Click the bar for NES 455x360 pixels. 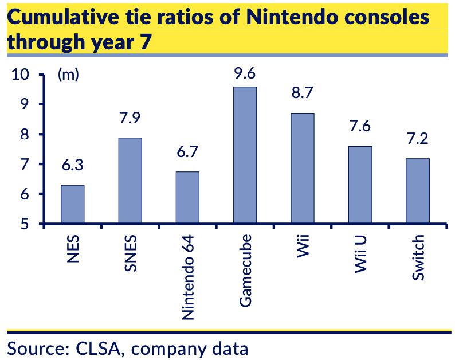click(73, 204)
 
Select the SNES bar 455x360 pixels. click(130, 181)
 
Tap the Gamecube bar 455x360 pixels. click(245, 155)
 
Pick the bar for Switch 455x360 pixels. click(417, 191)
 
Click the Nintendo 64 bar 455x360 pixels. click(187, 197)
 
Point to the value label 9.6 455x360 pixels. click(245, 73)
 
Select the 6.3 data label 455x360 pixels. click(73, 166)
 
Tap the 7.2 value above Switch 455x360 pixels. click(417, 139)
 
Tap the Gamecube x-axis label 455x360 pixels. click(246, 268)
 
